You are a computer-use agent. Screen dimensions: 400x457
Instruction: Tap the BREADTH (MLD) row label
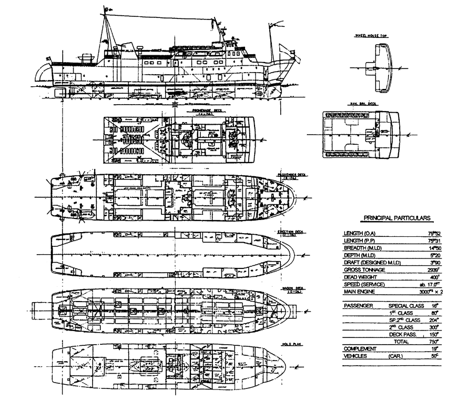click(362, 248)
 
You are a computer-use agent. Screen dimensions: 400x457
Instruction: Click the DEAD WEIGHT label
click(361, 277)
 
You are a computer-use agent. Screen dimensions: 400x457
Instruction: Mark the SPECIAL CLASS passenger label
click(407, 305)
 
